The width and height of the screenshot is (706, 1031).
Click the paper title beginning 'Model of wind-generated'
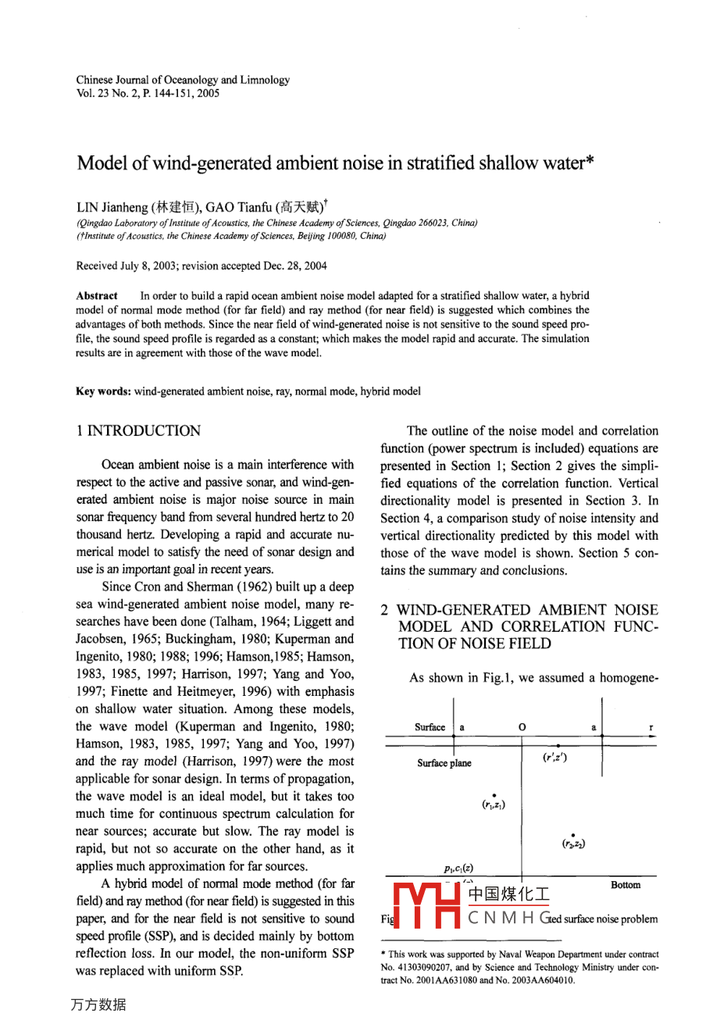[x=336, y=163]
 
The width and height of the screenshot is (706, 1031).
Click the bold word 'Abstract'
[x=97, y=295]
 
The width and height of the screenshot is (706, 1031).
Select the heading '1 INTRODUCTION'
[x=138, y=430]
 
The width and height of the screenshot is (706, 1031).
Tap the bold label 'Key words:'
[x=103, y=391]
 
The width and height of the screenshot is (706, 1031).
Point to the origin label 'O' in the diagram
[x=522, y=727]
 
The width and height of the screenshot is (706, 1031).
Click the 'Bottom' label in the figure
[x=625, y=885]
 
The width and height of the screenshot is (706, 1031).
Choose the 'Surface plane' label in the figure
[x=444, y=763]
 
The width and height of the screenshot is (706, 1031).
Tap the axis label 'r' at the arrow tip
[x=651, y=727]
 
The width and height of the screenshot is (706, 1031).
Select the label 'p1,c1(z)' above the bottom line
[x=458, y=868]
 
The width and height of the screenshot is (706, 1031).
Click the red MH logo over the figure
[x=426, y=905]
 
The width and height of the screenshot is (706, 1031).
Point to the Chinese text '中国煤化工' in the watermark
[x=508, y=894]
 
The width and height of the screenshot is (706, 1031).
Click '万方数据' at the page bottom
[x=98, y=1004]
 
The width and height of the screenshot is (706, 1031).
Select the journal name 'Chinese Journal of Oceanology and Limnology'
[x=183, y=80]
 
